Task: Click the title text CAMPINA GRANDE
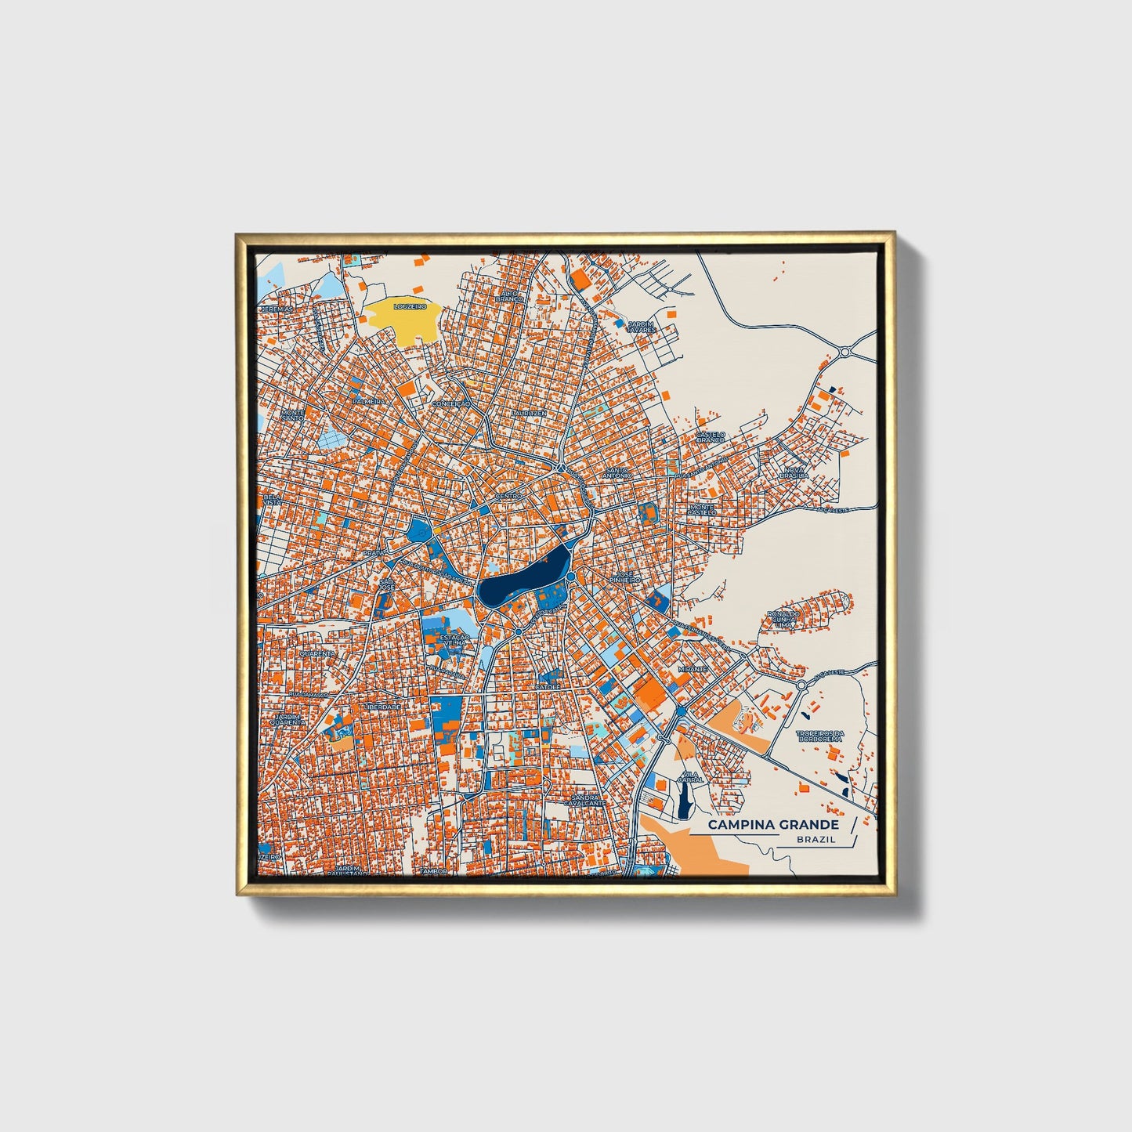tap(773, 825)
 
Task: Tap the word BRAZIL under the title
tap(815, 840)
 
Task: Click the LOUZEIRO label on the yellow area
tap(410, 307)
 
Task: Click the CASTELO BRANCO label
tap(711, 436)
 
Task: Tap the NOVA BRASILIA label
tap(794, 472)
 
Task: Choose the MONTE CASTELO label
tap(701, 510)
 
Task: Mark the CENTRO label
tap(508, 496)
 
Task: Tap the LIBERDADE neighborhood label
tap(382, 707)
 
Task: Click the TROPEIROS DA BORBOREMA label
tap(819, 736)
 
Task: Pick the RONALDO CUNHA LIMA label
tap(783, 619)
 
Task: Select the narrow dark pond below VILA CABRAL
tap(685, 801)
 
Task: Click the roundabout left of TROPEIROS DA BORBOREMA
tap(802, 685)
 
